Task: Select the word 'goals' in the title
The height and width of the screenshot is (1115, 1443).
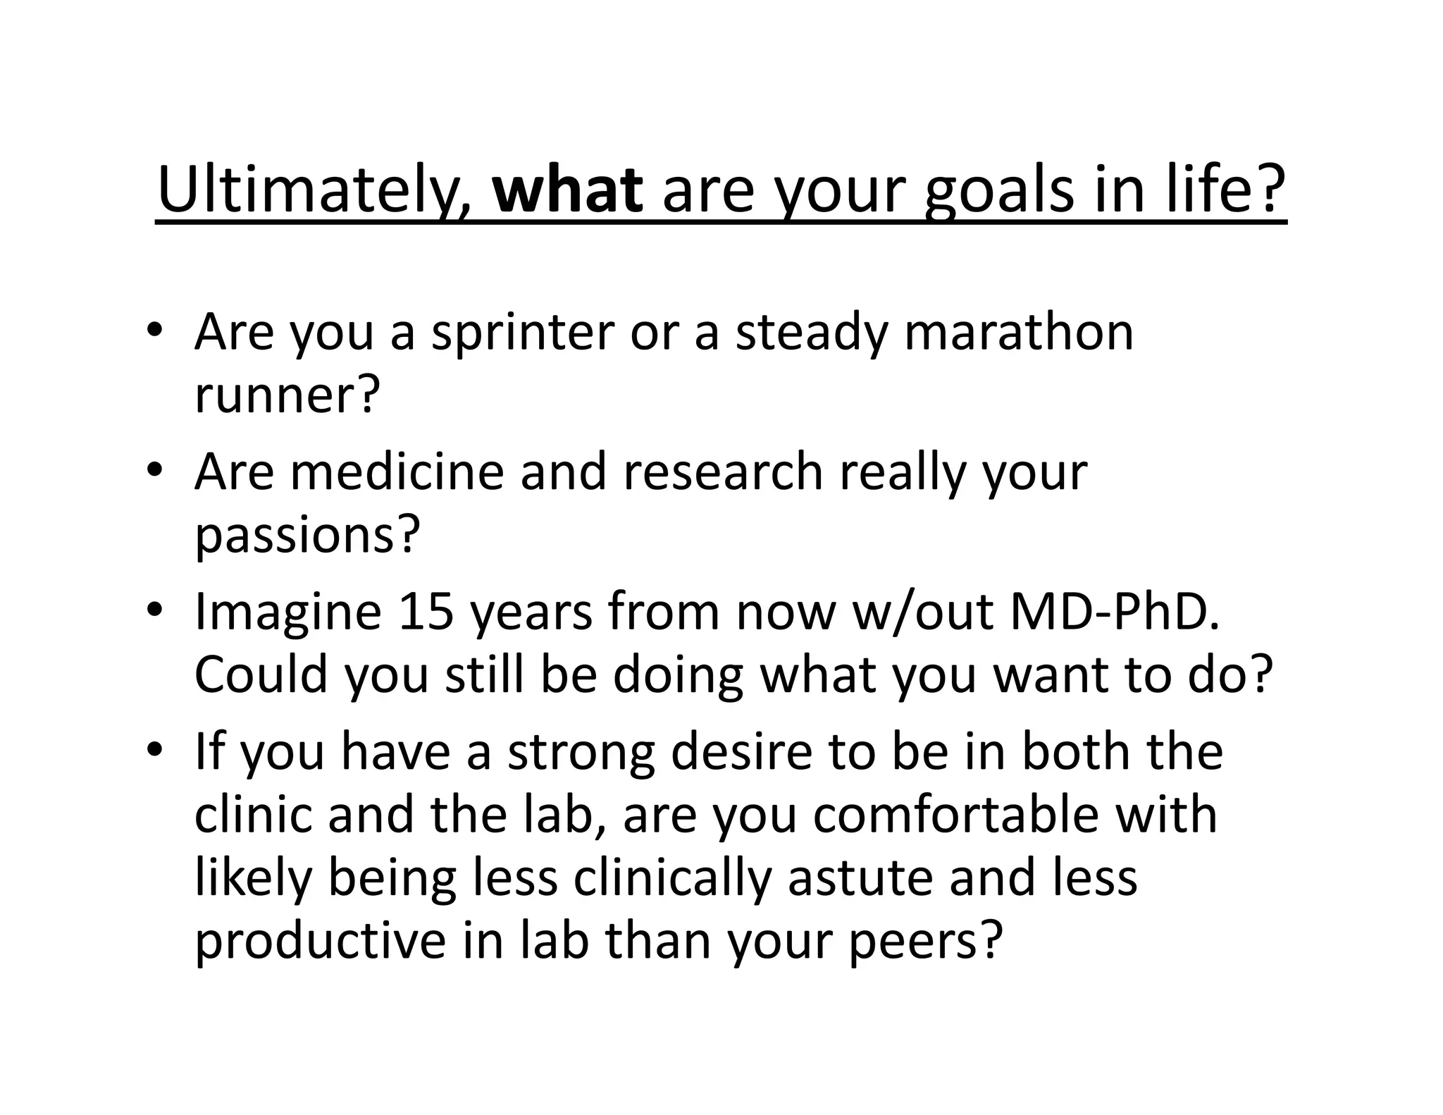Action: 999,192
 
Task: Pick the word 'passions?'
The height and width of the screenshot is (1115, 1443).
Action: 306,536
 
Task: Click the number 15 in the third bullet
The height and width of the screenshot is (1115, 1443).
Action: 426,611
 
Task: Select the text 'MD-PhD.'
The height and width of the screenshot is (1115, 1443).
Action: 1115,611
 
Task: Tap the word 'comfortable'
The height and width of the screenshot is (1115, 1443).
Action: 955,815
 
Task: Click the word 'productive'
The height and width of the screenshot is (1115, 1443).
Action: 320,942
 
